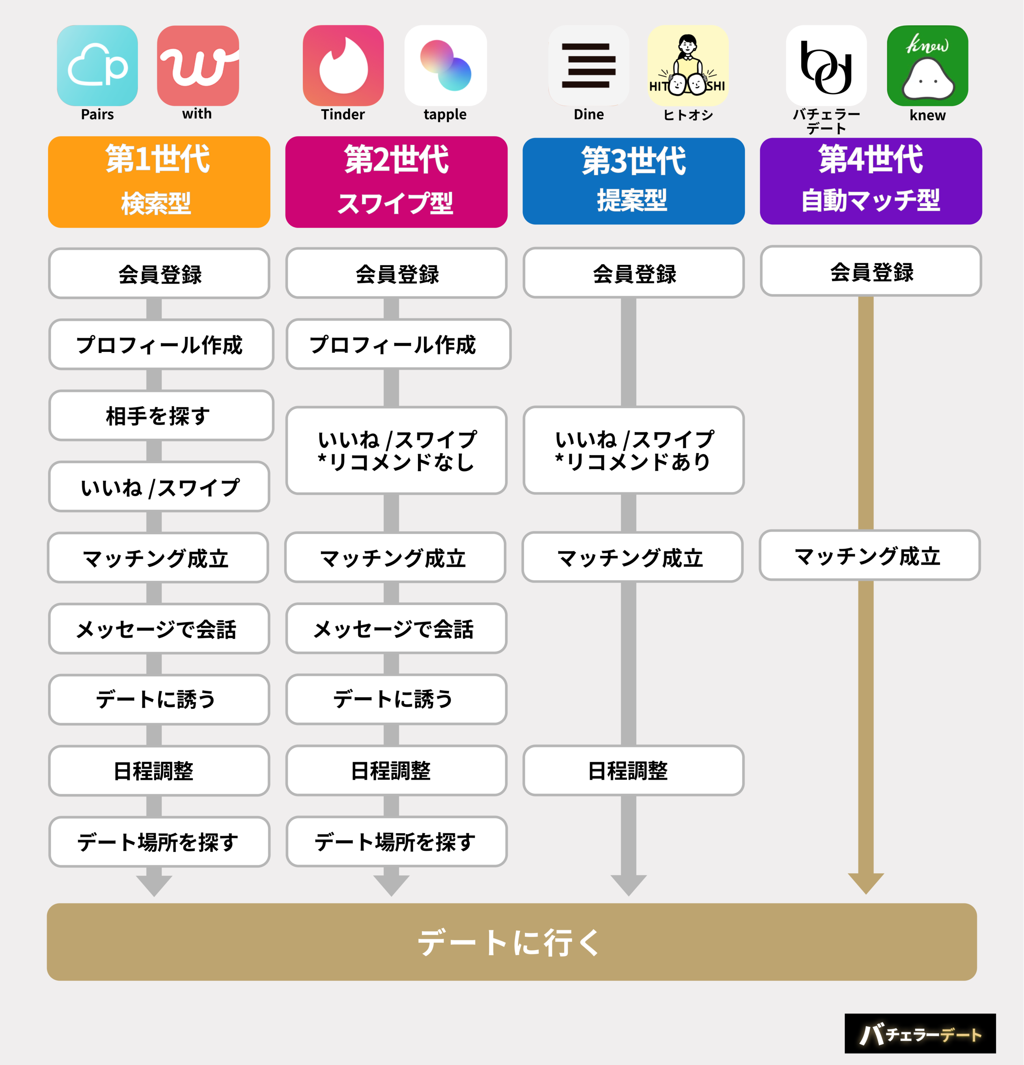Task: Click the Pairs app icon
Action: (x=97, y=66)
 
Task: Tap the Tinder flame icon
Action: (x=343, y=66)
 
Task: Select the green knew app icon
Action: (x=927, y=66)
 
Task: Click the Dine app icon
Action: (x=589, y=66)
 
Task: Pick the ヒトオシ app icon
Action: (x=688, y=66)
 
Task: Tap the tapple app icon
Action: (x=446, y=66)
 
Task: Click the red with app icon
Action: (x=198, y=66)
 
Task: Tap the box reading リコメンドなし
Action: (x=397, y=450)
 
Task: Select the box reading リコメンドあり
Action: (x=633, y=450)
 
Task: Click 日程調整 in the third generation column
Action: (x=633, y=770)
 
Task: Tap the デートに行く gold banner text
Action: (x=509, y=942)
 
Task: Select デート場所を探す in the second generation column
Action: (x=397, y=842)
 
